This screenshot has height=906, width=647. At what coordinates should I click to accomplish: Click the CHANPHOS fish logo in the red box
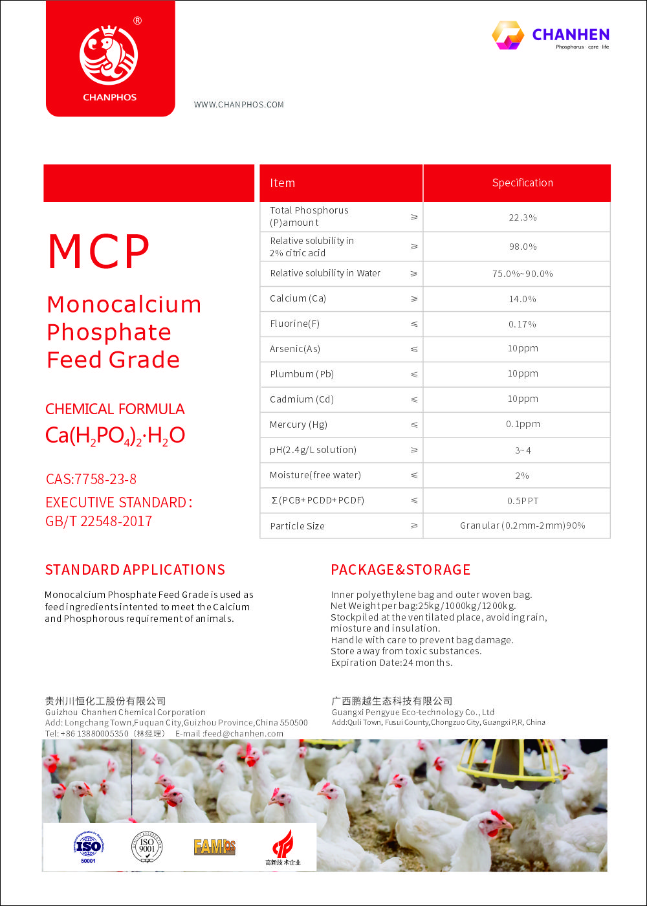click(x=109, y=55)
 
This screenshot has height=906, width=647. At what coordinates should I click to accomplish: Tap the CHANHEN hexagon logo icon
click(x=508, y=35)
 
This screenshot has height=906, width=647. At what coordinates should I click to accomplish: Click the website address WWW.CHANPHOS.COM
click(x=239, y=105)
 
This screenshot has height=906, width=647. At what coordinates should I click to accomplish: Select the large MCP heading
click(x=99, y=252)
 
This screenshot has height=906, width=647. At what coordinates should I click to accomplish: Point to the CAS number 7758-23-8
click(x=91, y=480)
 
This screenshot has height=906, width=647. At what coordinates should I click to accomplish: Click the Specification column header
click(x=522, y=183)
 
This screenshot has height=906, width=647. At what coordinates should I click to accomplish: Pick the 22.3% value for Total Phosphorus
click(x=522, y=217)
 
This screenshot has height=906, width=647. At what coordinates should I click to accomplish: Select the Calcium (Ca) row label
click(x=298, y=298)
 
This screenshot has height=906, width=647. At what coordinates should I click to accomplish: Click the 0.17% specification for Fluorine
click(x=522, y=324)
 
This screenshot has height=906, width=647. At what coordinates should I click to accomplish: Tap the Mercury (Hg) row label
click(x=298, y=425)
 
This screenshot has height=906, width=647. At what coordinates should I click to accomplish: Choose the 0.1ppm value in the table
click(x=523, y=425)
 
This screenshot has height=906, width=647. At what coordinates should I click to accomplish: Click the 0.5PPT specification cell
click(x=523, y=501)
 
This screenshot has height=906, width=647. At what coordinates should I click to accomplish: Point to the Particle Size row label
click(x=297, y=526)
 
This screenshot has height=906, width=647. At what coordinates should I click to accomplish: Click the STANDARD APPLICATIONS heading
click(x=135, y=570)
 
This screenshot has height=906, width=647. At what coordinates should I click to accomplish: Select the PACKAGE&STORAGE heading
click(x=400, y=570)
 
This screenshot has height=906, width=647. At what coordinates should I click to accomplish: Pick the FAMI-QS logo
click(x=215, y=846)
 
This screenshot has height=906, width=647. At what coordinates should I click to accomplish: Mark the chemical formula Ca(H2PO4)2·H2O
click(x=115, y=436)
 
